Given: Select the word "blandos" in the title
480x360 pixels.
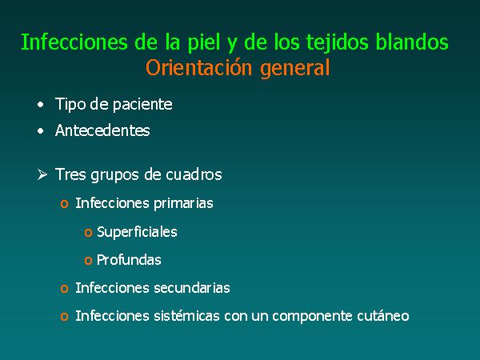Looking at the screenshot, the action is click(412, 42).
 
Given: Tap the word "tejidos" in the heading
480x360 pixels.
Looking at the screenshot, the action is click(338, 43).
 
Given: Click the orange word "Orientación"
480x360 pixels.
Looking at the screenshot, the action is click(199, 67).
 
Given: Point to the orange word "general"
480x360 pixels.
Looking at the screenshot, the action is click(295, 69).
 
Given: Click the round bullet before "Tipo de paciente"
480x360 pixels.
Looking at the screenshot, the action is click(41, 105).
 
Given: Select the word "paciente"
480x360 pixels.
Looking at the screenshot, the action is click(142, 105).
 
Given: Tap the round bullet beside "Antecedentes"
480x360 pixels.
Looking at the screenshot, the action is click(41, 131).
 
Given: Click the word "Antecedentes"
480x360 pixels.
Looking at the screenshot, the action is click(102, 130).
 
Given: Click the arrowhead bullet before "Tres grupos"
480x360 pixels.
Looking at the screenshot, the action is click(42, 174).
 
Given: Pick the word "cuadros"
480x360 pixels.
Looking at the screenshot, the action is click(194, 174).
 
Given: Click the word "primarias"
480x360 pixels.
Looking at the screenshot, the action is click(183, 203).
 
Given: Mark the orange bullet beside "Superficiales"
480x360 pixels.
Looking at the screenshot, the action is click(88, 233).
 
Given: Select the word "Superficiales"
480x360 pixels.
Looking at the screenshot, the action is click(137, 232).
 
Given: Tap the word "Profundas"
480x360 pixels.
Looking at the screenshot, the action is click(129, 260).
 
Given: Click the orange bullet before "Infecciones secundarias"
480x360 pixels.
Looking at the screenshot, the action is click(64, 289).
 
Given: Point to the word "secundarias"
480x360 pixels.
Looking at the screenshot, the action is click(192, 288).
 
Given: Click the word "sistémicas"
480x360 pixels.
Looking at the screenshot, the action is click(186, 316).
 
